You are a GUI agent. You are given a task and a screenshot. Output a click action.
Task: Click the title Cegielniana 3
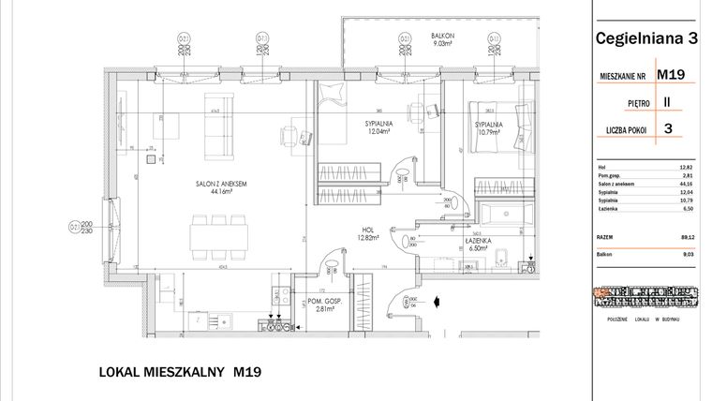[646, 38]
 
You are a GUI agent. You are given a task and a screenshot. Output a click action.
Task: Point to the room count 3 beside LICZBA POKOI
[669, 130]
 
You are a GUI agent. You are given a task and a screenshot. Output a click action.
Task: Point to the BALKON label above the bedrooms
[444, 35]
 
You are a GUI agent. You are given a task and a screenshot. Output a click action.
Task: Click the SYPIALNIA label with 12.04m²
[380, 126]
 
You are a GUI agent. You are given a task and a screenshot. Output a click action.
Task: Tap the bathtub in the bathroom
[502, 213]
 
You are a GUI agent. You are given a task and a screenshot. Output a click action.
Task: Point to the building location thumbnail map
[646, 296]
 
